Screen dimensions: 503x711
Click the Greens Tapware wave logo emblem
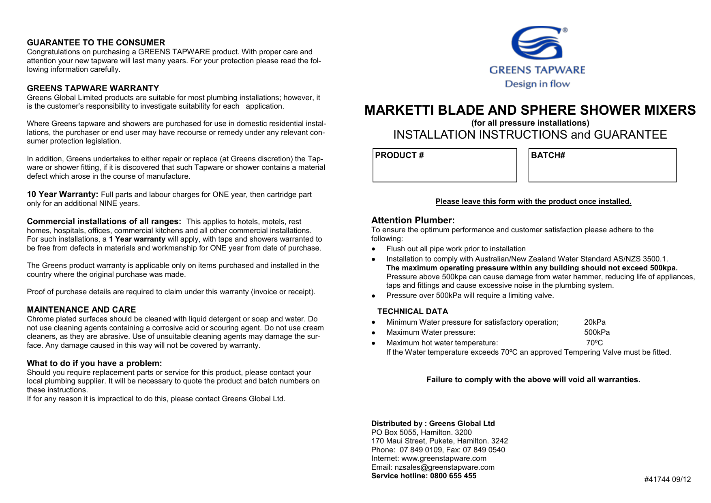pos(538,43)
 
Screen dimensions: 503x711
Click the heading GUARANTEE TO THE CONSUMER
pos(96,43)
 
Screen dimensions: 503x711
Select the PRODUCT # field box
pos(445,165)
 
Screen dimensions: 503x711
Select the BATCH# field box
pos(602,165)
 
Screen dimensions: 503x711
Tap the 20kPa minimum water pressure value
pos(595,322)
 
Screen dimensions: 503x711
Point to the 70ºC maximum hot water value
pos(595,343)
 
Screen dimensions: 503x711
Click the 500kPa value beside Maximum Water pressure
pos(597,332)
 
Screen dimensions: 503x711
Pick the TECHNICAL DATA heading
pos(413,311)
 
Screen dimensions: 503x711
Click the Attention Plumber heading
pos(413,220)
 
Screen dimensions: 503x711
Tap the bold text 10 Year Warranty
pos(62,194)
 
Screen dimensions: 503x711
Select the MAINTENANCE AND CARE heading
pos(81,310)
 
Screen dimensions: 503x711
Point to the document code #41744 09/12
pos(667,479)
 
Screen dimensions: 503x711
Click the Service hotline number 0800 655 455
pos(453,476)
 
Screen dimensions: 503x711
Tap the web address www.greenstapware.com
pos(443,458)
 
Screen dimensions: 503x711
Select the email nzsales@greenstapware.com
pos(444,467)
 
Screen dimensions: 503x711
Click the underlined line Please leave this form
pos(533,201)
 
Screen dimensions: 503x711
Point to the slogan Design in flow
pos(537,84)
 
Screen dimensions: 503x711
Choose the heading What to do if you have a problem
pos(94,363)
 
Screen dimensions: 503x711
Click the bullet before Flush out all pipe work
pos(374,249)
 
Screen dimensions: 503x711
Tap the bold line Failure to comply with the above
pos(533,379)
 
